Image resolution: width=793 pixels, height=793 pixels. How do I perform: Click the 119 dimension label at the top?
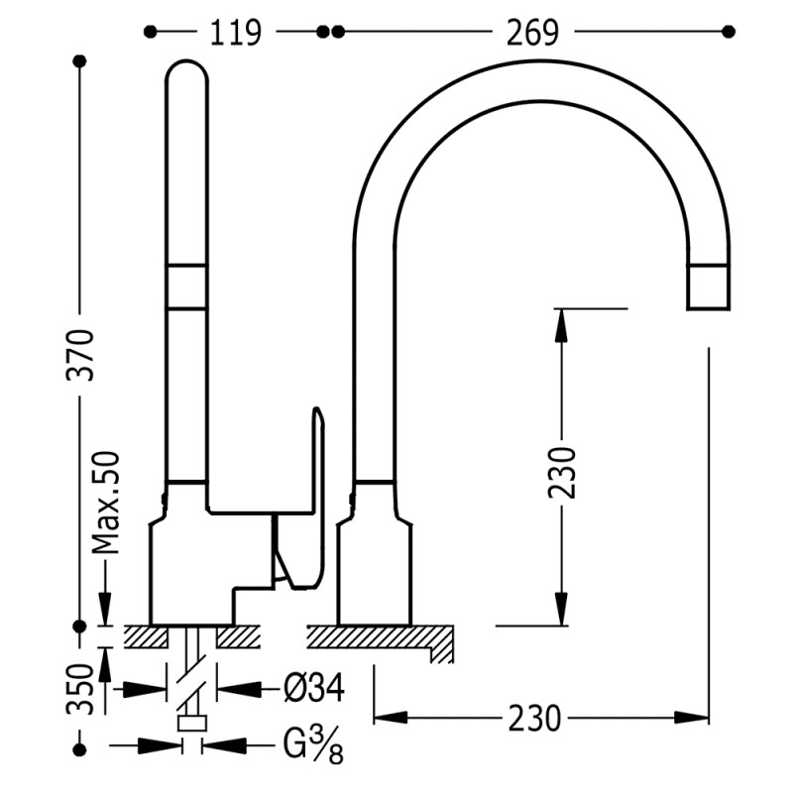point(235,33)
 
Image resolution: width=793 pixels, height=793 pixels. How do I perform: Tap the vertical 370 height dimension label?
point(83,354)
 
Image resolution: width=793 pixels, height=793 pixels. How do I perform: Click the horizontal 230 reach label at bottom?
point(536,716)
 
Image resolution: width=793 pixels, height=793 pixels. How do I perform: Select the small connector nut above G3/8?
point(191,723)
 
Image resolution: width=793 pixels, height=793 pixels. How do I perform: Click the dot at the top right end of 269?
point(730,32)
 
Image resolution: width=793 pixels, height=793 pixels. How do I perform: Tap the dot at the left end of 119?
point(151,32)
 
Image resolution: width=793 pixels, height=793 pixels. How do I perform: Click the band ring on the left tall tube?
point(187,287)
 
